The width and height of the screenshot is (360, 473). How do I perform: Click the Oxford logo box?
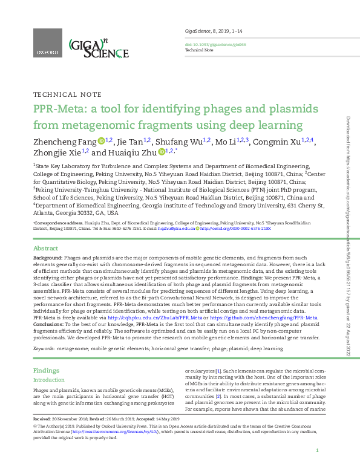pyautogui.click(x=47, y=45)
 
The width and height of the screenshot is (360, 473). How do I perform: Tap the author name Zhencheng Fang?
pyautogui.click(x=65, y=142)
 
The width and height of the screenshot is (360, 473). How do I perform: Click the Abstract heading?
pyautogui.click(x=45, y=249)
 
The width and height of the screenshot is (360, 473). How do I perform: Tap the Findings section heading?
pyautogui.click(x=46, y=370)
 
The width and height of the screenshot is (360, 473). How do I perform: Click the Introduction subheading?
pyautogui.click(x=49, y=380)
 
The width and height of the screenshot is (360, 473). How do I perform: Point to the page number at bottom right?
pyautogui.click(x=317, y=451)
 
